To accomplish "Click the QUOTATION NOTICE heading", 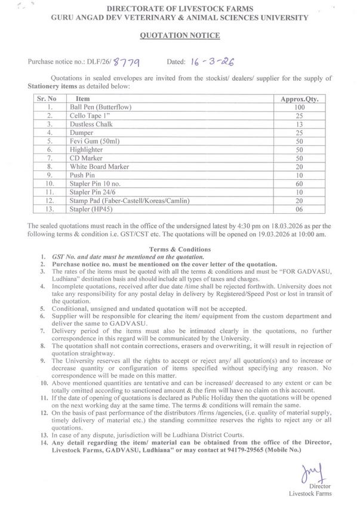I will pyautogui.click(x=179, y=36).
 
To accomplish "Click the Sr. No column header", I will pyautogui.click(x=47, y=98).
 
